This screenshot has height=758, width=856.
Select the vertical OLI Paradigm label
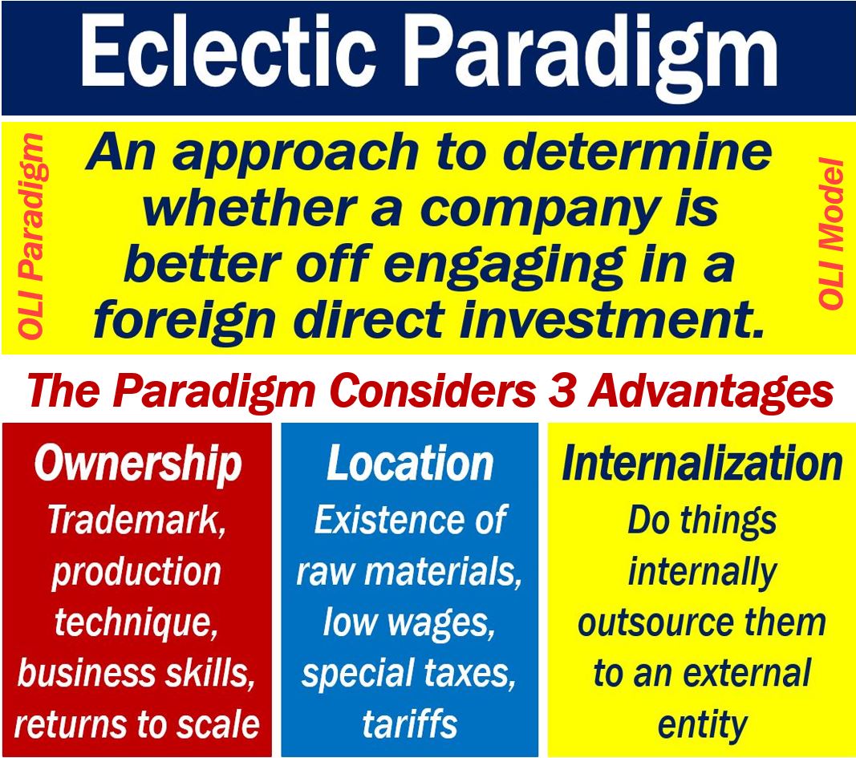coord(30,236)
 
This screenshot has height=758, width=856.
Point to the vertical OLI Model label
coord(830,233)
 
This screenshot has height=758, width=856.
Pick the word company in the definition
coord(539,211)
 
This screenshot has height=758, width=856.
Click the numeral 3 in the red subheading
coord(562,391)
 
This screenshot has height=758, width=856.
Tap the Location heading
coord(410,464)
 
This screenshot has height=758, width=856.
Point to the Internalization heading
coord(702,464)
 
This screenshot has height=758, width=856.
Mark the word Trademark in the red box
coord(136,520)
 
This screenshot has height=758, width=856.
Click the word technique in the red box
coord(136,624)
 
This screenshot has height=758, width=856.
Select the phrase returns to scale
coord(137,724)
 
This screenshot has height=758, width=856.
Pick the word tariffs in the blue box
coord(410,724)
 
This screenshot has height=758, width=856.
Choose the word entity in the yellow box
coord(702,725)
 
